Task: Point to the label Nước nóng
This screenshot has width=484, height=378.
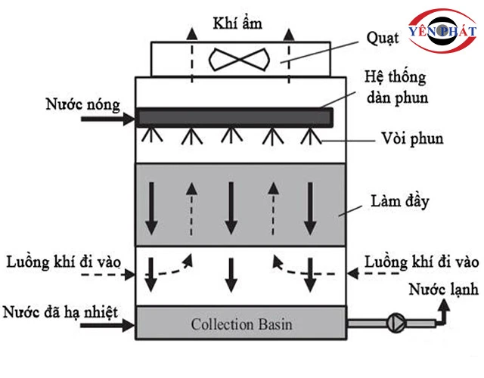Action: [81, 104]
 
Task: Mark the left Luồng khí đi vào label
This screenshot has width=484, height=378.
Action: [62, 262]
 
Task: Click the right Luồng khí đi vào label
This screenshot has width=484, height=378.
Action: [420, 262]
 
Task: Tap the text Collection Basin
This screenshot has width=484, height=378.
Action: [241, 324]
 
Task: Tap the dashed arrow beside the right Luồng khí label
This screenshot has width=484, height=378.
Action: [370, 273]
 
